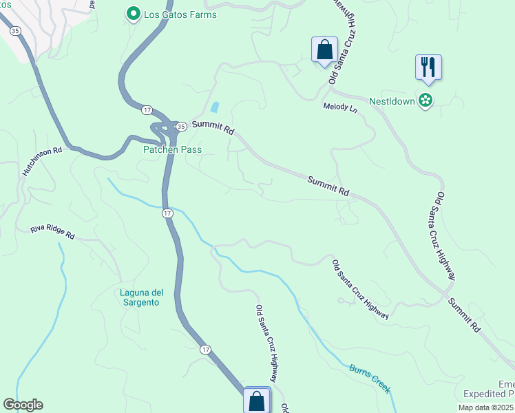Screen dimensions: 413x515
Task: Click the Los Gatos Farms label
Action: click(x=180, y=14)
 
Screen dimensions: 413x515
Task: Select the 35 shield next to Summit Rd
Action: click(x=180, y=127)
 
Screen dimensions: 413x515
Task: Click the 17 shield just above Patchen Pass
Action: click(x=147, y=110)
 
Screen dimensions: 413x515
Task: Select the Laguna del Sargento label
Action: click(x=140, y=297)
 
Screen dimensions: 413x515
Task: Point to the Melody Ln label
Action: click(x=341, y=108)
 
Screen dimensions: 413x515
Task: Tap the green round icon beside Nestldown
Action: click(x=426, y=100)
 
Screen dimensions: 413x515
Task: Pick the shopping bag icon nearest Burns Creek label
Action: click(x=257, y=400)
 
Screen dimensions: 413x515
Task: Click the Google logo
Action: click(x=23, y=405)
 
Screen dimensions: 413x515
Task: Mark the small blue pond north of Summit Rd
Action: click(x=215, y=107)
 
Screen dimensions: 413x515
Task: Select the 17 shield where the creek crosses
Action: click(x=167, y=214)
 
